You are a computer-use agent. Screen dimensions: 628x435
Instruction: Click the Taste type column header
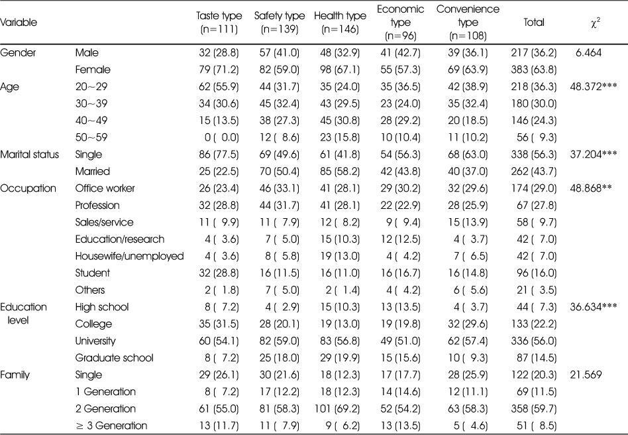click(219, 23)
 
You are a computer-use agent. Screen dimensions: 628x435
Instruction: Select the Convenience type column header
click(468, 23)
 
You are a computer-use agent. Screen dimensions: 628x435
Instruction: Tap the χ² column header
click(596, 23)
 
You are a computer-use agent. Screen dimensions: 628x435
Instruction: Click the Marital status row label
click(30, 155)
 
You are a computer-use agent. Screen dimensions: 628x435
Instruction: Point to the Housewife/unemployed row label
click(129, 256)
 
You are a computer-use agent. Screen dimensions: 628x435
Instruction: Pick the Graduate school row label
click(114, 357)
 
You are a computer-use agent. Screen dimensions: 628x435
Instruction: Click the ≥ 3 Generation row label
click(111, 425)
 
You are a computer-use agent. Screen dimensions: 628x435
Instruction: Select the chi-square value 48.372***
click(593, 87)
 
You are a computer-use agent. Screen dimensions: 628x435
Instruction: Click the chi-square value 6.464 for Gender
click(588, 52)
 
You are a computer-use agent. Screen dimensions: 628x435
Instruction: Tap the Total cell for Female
click(534, 70)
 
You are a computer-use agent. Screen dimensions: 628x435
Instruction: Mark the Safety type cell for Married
click(279, 172)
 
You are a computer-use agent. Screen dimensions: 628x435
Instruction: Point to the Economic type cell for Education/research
click(401, 239)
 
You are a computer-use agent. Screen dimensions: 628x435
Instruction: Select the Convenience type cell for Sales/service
click(468, 223)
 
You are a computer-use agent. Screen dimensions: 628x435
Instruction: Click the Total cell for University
click(534, 341)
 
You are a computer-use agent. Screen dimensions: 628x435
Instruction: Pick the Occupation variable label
click(28, 188)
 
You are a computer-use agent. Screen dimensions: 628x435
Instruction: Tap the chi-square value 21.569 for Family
click(586, 375)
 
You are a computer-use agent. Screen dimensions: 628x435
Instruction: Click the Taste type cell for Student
click(219, 273)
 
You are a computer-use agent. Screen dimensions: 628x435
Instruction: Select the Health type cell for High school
click(340, 307)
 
